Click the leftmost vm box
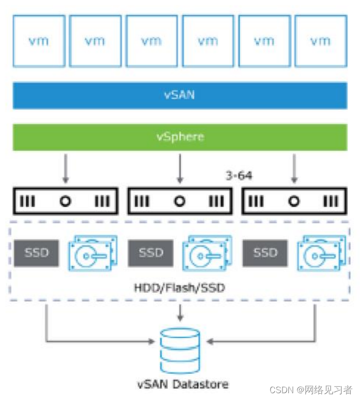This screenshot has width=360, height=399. pyautogui.click(x=39, y=41)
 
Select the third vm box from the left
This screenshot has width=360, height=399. pyautogui.click(x=151, y=41)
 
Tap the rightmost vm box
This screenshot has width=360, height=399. pyautogui.click(x=320, y=41)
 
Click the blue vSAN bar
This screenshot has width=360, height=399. pyautogui.click(x=180, y=95)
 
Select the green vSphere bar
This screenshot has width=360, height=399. pyautogui.click(x=180, y=137)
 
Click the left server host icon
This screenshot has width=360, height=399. pyautogui.click(x=65, y=201)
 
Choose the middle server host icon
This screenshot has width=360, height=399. pyautogui.click(x=180, y=201)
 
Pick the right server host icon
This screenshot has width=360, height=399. pyautogui.click(x=294, y=201)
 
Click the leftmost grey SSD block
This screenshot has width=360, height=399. pyautogui.click(x=36, y=253)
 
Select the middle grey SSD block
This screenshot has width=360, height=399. pyautogui.click(x=150, y=253)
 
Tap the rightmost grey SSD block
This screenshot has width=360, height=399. pyautogui.click(x=265, y=253)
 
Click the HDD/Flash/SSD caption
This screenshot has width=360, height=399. pyautogui.click(x=180, y=288)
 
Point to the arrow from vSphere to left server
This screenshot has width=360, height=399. pyautogui.click(x=65, y=169)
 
